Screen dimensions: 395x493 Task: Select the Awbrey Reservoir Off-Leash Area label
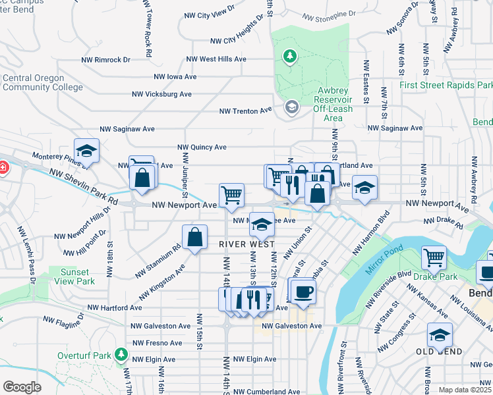pos(327,103)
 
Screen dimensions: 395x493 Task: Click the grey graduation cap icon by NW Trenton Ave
pos(291,107)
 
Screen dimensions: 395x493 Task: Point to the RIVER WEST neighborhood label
pos(246,244)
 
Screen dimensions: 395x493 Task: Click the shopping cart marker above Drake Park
pos(434,258)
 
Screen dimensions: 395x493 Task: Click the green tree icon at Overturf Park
pos(121,355)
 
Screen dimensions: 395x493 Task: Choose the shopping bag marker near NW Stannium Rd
pos(195,238)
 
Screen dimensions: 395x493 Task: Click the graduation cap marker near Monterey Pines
pos(86,151)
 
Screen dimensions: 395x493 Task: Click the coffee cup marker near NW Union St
pos(303,290)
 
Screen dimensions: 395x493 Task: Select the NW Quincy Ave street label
pos(203,147)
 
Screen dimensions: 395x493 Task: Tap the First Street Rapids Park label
pos(446,86)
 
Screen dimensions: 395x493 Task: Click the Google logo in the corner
pos(22,387)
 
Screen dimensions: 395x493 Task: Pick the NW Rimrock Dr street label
pos(106,59)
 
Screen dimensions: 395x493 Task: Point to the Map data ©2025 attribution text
pos(465,390)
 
